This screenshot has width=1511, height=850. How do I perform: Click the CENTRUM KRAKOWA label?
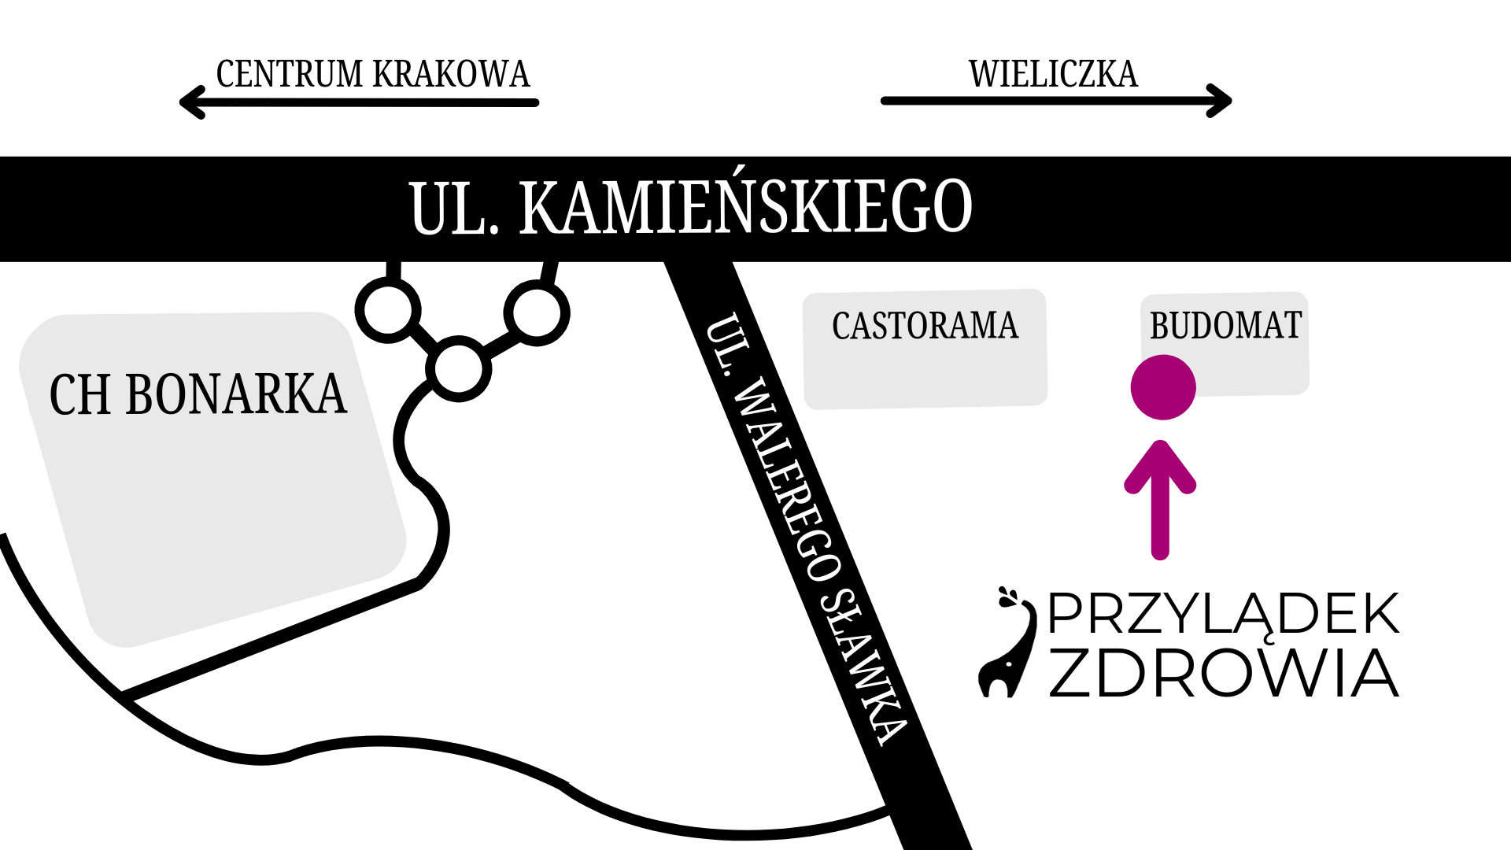372,74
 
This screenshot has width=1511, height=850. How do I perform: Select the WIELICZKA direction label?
1053,74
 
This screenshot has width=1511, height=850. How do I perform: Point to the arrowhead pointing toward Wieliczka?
1221,101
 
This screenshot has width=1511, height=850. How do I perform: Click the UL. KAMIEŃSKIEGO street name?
691,207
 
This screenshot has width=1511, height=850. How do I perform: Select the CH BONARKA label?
198,394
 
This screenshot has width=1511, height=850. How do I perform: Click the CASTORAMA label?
925,326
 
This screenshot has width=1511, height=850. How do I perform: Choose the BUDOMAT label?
1225,326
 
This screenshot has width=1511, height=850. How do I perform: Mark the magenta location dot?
1163,387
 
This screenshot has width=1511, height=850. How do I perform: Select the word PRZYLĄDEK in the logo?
1223,615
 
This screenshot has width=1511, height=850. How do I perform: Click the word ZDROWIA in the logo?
1223,674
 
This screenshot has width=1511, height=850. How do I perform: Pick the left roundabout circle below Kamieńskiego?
388,309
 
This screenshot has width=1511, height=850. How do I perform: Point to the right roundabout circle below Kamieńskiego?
537,312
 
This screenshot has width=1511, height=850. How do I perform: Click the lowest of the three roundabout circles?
459,368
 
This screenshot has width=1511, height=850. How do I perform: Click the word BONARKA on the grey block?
235,394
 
